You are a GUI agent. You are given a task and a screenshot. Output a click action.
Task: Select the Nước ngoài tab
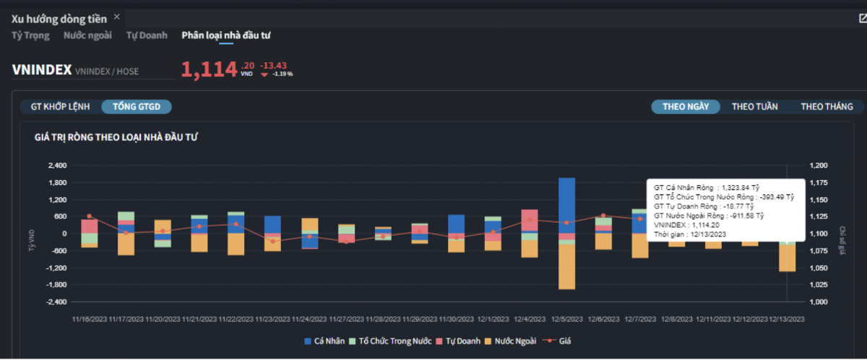(87, 35)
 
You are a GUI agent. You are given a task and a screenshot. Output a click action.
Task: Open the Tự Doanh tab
(147, 35)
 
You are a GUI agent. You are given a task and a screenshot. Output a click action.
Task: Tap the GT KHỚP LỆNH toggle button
(60, 106)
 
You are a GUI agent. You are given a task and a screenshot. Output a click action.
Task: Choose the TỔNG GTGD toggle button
(137, 106)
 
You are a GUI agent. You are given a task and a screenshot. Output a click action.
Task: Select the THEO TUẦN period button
(754, 106)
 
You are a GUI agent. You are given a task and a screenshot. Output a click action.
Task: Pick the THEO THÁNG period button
(827, 106)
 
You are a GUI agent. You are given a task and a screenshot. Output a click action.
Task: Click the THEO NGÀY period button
(686, 106)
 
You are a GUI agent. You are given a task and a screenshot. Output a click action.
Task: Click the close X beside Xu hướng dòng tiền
(117, 17)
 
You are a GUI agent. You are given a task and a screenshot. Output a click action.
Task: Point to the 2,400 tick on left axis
(56, 166)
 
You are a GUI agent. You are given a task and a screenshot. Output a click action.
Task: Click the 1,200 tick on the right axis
(819, 166)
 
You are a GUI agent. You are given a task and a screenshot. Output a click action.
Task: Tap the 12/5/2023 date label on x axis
(567, 318)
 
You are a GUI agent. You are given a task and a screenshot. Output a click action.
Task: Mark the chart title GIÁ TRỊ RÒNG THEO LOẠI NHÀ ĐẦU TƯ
(116, 137)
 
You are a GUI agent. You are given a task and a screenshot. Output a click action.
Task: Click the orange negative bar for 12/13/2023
(787, 258)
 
